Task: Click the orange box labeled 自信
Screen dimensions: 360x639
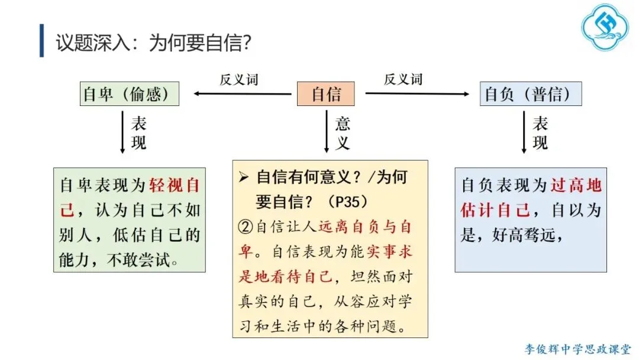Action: pos(326,94)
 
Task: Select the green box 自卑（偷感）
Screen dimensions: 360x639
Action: pos(129,94)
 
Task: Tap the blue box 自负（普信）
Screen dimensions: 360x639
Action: pos(530,94)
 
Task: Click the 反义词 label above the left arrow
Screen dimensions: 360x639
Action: pos(239,79)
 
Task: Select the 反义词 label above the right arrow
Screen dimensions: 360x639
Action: pos(403,79)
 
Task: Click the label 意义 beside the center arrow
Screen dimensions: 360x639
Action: pos(343,133)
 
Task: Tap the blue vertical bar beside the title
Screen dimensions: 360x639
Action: pos(42,41)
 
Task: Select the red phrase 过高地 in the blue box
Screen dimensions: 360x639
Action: pos(576,185)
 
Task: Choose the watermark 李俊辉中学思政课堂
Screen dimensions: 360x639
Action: pos(577,349)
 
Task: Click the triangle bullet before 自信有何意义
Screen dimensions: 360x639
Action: pos(243,177)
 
